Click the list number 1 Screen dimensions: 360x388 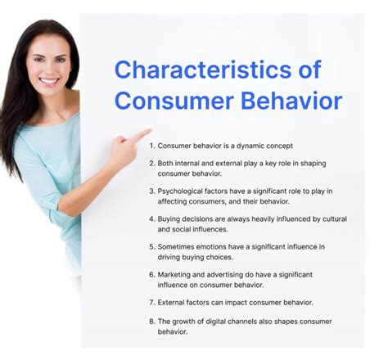coord(151,145)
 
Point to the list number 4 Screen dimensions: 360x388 coord(151,219)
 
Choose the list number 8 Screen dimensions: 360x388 coord(151,322)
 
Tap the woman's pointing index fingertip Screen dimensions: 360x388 coord(149,130)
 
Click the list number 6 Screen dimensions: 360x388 coord(151,275)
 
